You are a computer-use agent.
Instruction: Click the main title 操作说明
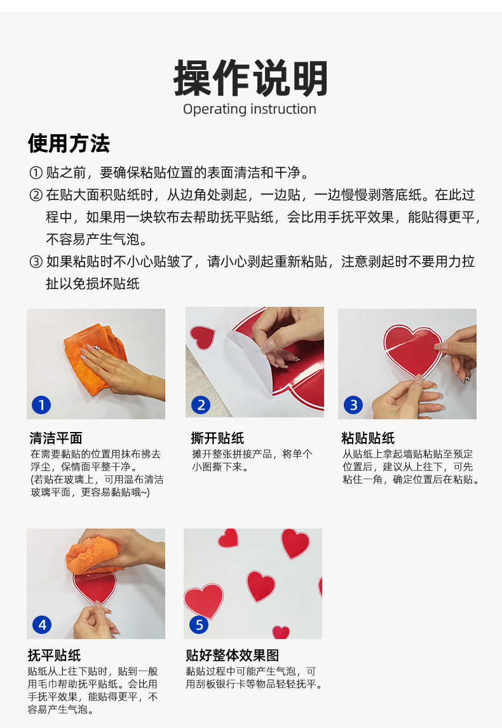coord(251,78)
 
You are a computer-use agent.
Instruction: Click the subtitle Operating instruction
coord(249,109)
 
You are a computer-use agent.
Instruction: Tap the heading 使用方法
coord(69,143)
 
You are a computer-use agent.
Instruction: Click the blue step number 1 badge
coord(41,405)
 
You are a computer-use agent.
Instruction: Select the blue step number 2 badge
coord(201,405)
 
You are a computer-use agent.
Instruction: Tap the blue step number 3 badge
coord(353,405)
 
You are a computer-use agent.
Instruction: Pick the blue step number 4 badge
coord(43,624)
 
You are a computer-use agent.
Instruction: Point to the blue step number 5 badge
coord(200,624)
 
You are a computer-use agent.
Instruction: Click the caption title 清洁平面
coord(56,438)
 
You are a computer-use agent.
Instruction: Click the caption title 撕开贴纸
coord(217,438)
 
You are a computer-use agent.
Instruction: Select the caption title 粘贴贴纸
coord(368,438)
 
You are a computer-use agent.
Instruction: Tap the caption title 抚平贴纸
coord(55,655)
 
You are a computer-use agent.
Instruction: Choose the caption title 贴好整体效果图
coord(232,655)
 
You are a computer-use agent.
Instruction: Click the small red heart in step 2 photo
coord(203,337)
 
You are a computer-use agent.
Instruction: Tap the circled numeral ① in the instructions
coord(36,173)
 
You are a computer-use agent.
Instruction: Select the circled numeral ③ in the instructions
coord(36,262)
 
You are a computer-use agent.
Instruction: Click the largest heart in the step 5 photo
coord(203,600)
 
